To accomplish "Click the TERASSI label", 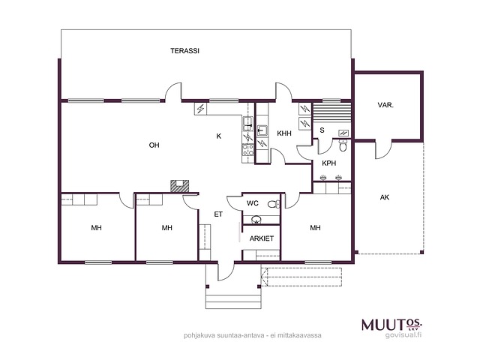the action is (x=185, y=51).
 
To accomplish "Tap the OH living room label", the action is (x=154, y=145).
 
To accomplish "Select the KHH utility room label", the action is (x=284, y=133).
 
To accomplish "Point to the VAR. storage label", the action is (x=385, y=105).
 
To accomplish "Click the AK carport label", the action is (x=385, y=197).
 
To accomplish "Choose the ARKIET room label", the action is (x=262, y=238).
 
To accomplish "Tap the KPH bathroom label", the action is (x=329, y=163).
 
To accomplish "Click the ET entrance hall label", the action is (x=218, y=214).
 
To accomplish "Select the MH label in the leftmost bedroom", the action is (x=97, y=228).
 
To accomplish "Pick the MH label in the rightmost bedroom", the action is (x=315, y=228).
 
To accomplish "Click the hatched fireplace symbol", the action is (x=180, y=186).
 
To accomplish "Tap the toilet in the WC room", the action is (x=274, y=204).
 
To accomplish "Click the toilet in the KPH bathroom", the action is (x=343, y=145).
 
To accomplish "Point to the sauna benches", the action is (x=331, y=112).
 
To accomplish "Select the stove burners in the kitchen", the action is (x=248, y=150).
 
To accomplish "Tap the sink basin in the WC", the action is (x=256, y=220).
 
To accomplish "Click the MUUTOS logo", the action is (x=391, y=325).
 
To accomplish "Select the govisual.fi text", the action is (x=403, y=335).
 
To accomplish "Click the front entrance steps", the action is (x=233, y=301).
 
